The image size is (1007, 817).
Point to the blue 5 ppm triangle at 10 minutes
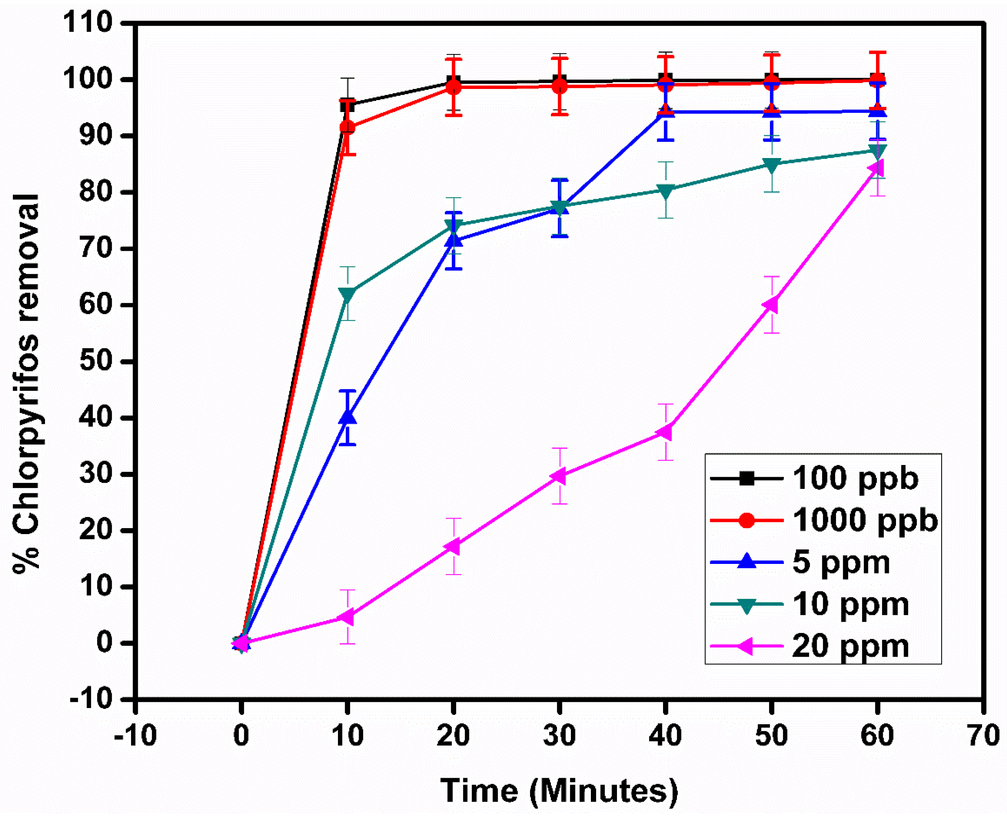coord(347,418)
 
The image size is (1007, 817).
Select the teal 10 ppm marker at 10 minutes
coord(347,294)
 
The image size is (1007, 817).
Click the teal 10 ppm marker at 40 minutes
coord(665,190)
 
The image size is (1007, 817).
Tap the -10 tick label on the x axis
coord(135,735)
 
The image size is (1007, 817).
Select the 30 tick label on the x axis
coord(559,735)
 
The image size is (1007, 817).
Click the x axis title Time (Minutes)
coord(559,791)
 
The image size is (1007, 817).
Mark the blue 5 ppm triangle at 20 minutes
coord(453,240)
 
